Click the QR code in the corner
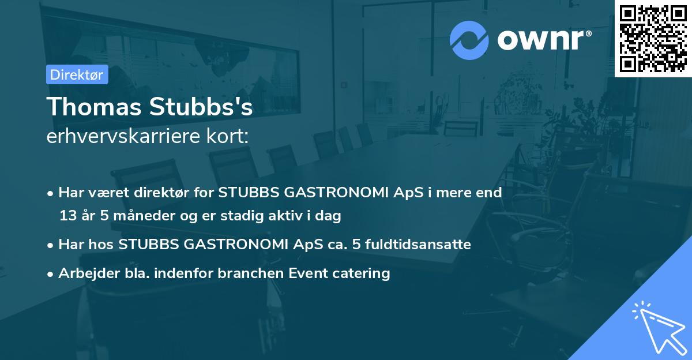(653, 38)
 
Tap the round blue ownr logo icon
(469, 40)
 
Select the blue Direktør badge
(77, 74)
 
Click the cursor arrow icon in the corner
(657, 327)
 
